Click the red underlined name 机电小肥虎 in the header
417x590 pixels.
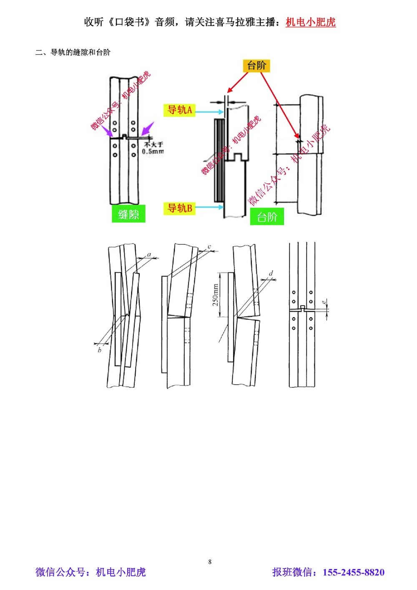[310, 22]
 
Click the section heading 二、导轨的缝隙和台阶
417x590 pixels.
[73, 53]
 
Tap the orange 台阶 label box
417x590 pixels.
[256, 65]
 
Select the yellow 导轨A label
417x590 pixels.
[179, 110]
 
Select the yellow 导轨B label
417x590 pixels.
[179, 208]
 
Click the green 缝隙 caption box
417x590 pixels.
[128, 214]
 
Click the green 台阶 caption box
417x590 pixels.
[267, 216]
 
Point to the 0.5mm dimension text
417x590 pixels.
[153, 151]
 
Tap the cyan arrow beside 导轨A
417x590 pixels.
[210, 112]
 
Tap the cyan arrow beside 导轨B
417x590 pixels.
[210, 207]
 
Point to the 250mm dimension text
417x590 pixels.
[216, 295]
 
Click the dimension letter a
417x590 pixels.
[149, 254]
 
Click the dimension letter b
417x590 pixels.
[100, 350]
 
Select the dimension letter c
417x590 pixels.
[209, 247]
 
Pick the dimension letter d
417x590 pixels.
[271, 274]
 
